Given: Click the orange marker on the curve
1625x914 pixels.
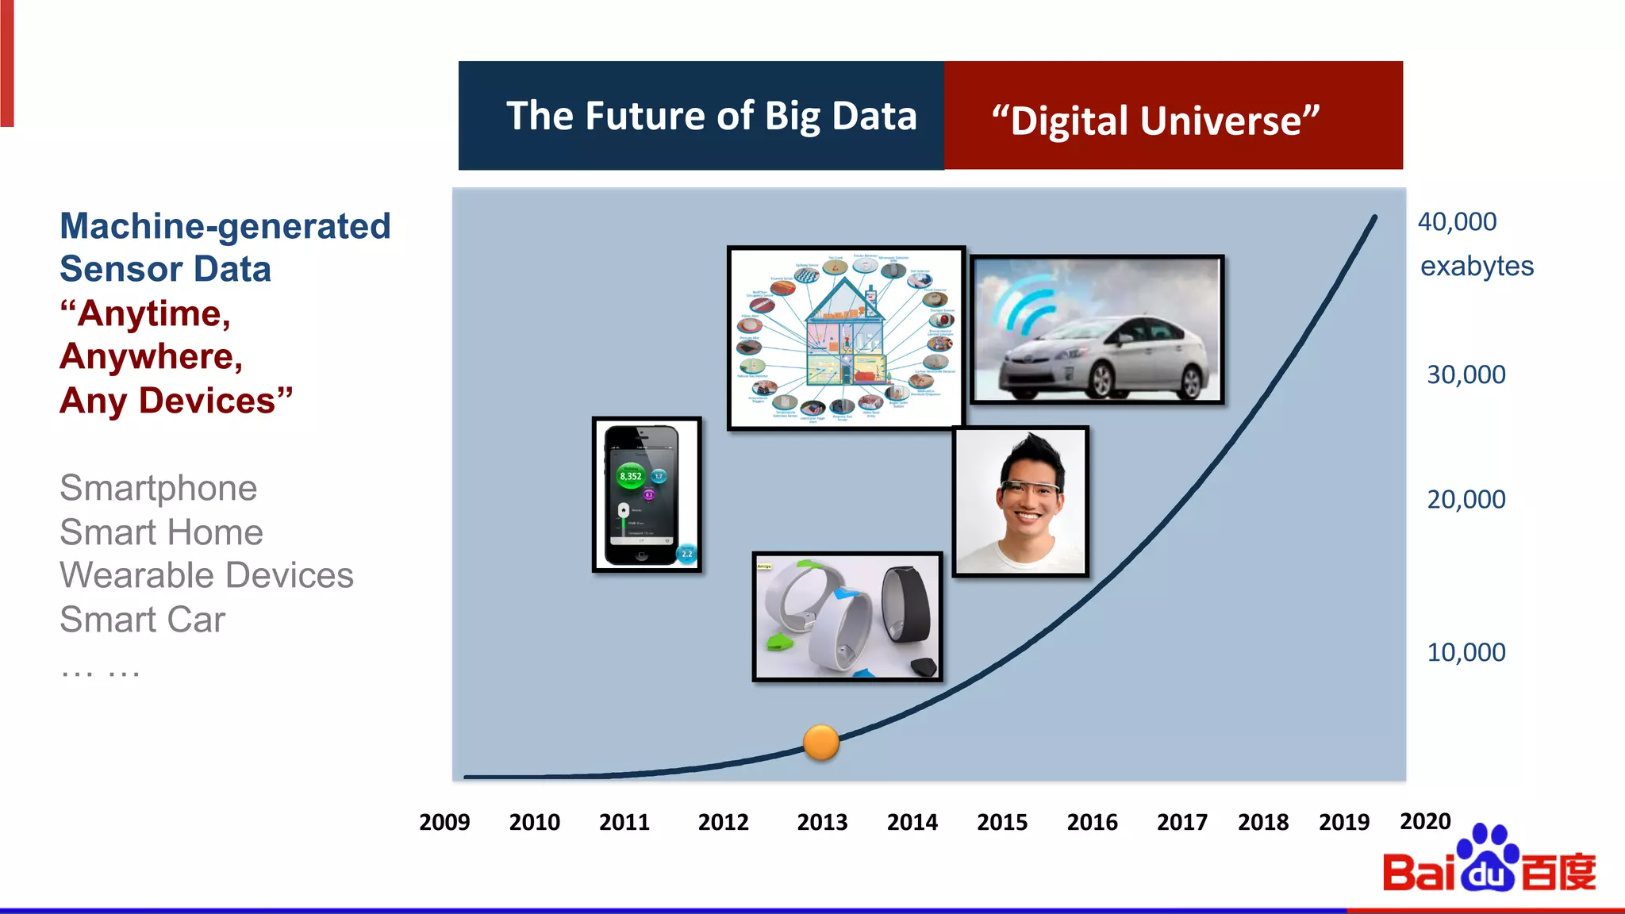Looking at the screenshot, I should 820,743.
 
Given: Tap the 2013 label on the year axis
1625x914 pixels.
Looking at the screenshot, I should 822,822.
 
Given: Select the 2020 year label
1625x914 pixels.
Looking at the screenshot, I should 1425,821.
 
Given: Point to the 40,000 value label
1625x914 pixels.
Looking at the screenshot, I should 1457,222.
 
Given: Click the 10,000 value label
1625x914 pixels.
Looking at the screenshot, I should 1466,652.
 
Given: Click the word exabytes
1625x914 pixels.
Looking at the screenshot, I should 1477,267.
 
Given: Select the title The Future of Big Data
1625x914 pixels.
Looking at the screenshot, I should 711,117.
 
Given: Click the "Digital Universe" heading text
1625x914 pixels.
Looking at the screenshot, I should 1155,121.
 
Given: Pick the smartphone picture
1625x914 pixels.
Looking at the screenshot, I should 647,494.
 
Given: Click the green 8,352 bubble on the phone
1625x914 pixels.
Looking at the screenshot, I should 631,476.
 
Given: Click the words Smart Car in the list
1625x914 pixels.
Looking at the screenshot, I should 143,620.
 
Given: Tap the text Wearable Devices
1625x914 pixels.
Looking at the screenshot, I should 206,575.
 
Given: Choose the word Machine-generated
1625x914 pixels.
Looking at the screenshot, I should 225,226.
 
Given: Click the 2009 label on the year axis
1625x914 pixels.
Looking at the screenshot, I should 444,822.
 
